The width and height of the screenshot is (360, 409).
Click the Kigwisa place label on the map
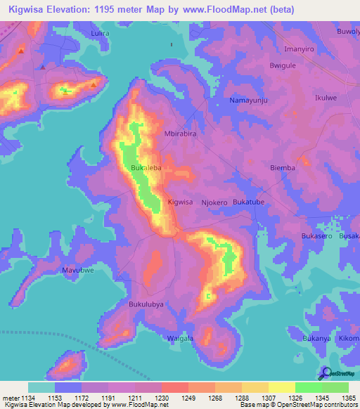[x=180, y=202]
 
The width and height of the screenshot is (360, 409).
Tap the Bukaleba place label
[x=146, y=169]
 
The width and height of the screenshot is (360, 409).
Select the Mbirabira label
[x=179, y=133]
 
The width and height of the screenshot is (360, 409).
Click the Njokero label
[x=214, y=202]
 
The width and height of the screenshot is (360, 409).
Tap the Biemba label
[x=283, y=169]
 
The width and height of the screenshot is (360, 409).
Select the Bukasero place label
[x=316, y=236]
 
